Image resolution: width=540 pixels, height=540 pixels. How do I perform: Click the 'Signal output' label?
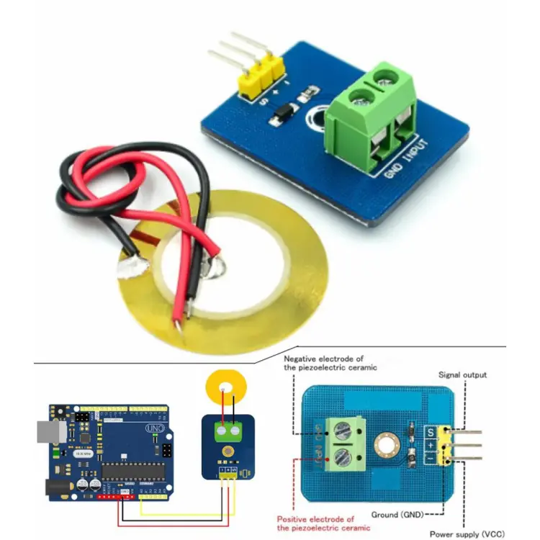(463, 375)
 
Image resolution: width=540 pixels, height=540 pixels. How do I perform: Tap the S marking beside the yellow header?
(430, 433)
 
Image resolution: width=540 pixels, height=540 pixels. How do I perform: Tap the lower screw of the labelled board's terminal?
(342, 456)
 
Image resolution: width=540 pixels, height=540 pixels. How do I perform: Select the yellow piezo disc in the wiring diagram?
(224, 384)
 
